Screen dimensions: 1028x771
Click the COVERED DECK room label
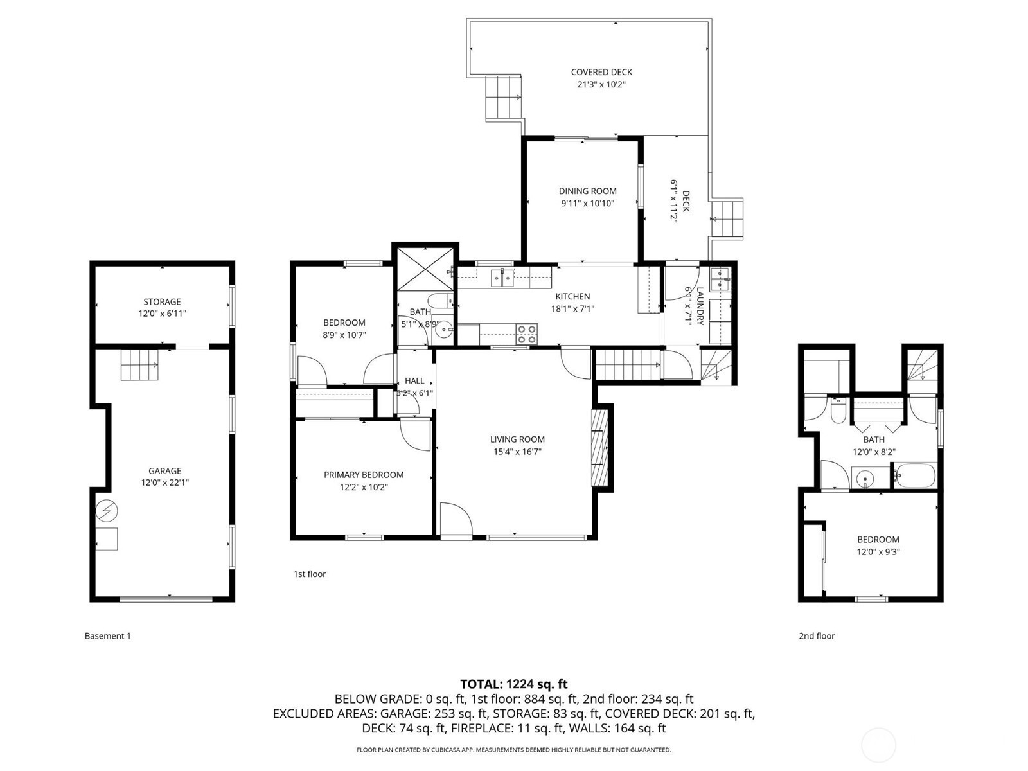601,72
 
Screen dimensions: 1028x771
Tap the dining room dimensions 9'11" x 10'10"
587,204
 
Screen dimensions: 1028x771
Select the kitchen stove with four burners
526,335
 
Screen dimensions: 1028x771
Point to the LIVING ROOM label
517,439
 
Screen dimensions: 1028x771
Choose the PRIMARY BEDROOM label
364,475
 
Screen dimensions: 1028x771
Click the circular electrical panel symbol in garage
106,511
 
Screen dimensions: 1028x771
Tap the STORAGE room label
162,302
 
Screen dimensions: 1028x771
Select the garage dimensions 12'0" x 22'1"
165,483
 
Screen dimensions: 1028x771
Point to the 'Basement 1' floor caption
108,636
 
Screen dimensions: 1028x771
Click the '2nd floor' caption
817,636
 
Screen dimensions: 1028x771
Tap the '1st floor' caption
310,574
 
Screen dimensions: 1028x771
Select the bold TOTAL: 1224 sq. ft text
514,684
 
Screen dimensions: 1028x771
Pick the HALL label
414,381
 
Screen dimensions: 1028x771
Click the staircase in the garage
139,365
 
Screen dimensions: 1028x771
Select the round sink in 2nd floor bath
865,479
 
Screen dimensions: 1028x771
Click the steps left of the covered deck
504,97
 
